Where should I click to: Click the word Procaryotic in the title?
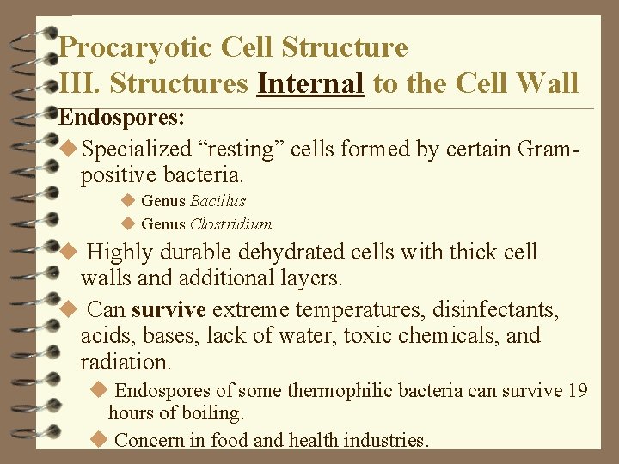[138, 46]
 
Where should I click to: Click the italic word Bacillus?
[218, 201]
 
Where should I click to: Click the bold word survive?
[169, 308]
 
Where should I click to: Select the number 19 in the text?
[578, 391]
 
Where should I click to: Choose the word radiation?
[126, 362]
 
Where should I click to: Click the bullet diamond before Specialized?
[70, 150]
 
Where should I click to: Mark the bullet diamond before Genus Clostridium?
[129, 224]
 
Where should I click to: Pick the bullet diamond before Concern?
[99, 440]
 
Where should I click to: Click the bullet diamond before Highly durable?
[70, 253]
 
